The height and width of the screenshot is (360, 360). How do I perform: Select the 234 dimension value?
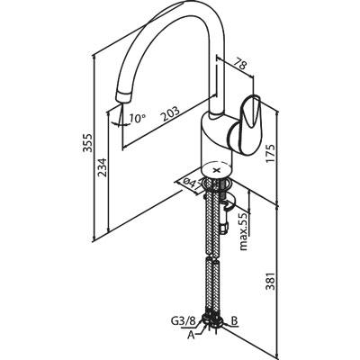(x=102, y=168)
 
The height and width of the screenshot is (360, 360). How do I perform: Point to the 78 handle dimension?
(x=239, y=64)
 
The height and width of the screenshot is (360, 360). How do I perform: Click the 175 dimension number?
(x=271, y=154)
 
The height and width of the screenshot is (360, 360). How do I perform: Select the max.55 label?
(x=245, y=231)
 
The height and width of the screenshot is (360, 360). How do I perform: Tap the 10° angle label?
(x=138, y=119)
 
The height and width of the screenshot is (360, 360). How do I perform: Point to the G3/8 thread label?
(x=184, y=321)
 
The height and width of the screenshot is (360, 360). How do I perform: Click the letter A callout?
(x=192, y=335)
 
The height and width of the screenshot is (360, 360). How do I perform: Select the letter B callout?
(x=234, y=321)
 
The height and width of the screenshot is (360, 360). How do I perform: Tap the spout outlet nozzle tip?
(x=123, y=97)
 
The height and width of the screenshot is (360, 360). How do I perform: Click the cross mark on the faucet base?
(x=217, y=170)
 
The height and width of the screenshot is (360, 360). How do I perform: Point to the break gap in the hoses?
(x=211, y=256)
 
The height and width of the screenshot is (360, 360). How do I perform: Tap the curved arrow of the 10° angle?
(x=118, y=123)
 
